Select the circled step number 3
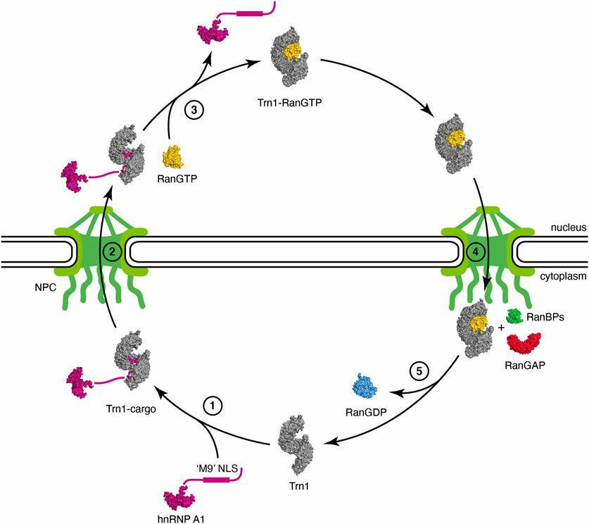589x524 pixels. tap(193, 111)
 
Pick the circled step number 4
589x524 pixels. tap(476, 249)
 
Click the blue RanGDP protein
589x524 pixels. tap(370, 387)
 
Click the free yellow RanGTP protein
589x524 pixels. tap(173, 156)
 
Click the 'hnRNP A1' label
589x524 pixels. tap(182, 518)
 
